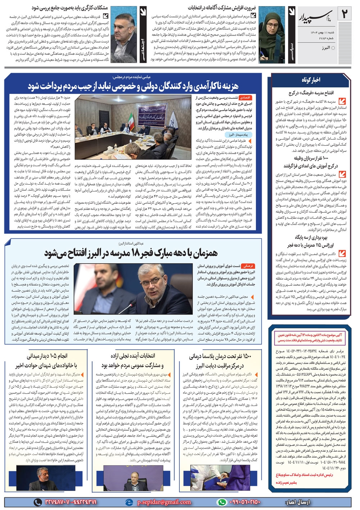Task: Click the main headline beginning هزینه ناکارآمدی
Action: (x=133, y=86)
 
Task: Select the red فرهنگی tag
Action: (x=248, y=266)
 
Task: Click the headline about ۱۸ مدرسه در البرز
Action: (x=131, y=253)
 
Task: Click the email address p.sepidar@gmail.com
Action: (x=164, y=502)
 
